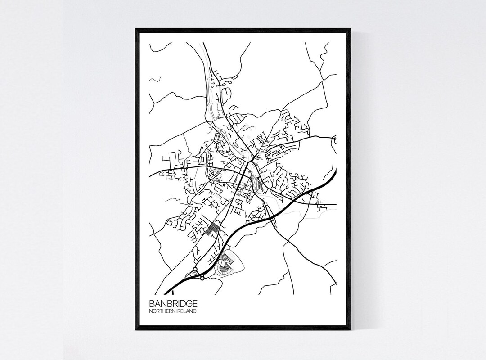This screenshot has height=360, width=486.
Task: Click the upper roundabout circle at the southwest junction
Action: (195, 270)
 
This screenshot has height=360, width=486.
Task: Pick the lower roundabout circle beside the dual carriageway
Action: (202, 279)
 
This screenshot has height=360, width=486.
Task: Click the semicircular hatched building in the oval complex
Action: (222, 269)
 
